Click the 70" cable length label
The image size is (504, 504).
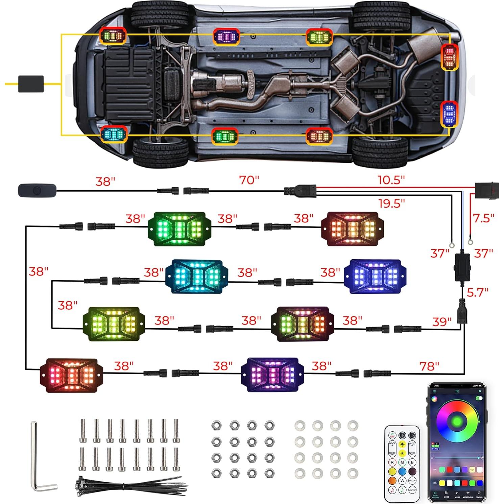249,180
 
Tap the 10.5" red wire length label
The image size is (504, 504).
391,180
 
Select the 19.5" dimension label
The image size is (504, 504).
391,203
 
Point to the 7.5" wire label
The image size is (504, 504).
483,218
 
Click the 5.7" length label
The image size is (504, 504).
477,292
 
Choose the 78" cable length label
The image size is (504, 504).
429,366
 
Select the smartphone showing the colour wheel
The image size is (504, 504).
457,442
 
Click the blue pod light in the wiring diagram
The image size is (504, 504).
375,277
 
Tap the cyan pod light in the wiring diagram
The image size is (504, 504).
196,277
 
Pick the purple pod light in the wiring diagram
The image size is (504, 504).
272,375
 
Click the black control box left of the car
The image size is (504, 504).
31,84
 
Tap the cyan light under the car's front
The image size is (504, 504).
114,134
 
